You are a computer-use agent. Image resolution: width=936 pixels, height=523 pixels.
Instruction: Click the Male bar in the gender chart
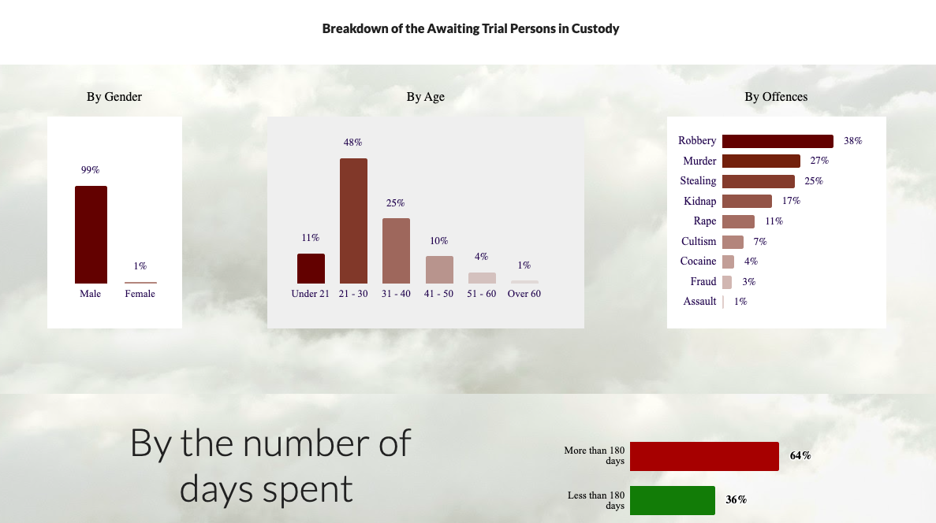click(x=91, y=235)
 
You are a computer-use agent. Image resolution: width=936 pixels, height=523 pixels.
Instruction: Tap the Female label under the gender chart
click(x=140, y=294)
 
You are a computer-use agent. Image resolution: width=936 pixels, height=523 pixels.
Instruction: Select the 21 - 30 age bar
click(x=353, y=221)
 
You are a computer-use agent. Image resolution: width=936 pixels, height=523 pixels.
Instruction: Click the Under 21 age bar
click(x=311, y=269)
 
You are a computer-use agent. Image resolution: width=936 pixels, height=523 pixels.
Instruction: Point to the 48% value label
click(x=352, y=143)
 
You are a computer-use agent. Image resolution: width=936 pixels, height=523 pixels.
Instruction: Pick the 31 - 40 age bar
click(x=396, y=250)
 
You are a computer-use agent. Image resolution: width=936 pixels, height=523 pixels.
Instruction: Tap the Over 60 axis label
click(x=524, y=294)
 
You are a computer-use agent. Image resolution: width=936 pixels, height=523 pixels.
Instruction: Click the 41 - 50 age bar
click(x=439, y=269)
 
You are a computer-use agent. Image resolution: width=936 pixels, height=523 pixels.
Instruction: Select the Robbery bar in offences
click(x=778, y=141)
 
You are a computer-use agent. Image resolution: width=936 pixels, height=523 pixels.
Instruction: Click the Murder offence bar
click(x=761, y=161)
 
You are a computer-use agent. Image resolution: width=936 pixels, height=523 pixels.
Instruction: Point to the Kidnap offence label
click(x=699, y=201)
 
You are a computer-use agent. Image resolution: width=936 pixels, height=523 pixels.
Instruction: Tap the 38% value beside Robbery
click(x=853, y=141)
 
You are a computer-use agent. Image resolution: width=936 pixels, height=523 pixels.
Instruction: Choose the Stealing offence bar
click(x=759, y=181)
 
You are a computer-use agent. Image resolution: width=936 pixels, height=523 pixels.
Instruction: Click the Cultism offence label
click(x=699, y=241)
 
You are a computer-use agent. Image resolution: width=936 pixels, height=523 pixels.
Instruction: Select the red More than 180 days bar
click(x=704, y=456)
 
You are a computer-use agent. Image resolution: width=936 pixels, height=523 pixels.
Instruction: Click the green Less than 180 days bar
click(x=672, y=500)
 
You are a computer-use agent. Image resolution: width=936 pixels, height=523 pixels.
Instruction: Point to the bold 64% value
click(x=800, y=455)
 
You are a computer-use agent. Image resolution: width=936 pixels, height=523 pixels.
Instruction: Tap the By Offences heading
click(x=776, y=97)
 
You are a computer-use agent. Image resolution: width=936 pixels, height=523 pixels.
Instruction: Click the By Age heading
click(x=426, y=97)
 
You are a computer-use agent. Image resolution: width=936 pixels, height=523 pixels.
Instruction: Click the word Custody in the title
click(x=595, y=28)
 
